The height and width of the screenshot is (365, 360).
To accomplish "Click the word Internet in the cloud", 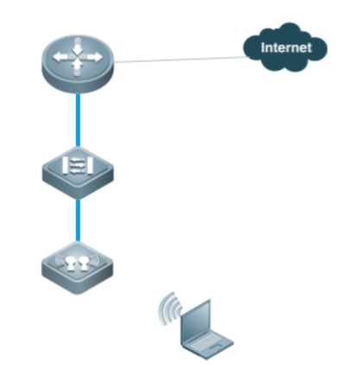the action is tap(286, 47).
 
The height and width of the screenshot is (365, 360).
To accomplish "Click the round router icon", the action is tap(78, 63).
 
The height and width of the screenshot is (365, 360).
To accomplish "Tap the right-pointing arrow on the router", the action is tap(92, 57).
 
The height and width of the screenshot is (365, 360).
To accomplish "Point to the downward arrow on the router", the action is tap(77, 46).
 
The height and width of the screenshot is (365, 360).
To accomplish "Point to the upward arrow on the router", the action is tap(77, 67).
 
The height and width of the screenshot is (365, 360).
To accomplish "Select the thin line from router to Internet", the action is tap(181, 60).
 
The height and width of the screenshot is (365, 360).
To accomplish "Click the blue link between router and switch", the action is tap(78, 120).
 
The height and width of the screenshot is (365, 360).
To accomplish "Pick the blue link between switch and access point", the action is tap(78, 220).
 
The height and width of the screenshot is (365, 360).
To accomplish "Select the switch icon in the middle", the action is tap(78, 173).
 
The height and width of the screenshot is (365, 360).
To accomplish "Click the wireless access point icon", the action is tap(77, 268).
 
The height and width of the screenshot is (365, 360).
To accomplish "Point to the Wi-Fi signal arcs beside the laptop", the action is tap(170, 310).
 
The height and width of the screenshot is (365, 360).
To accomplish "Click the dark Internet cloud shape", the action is tap(286, 47).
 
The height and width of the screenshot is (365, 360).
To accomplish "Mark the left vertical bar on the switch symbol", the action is tap(65, 166).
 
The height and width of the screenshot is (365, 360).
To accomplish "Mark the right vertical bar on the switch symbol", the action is tap(90, 166).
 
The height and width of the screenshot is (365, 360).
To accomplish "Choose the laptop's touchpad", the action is tap(215, 349).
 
